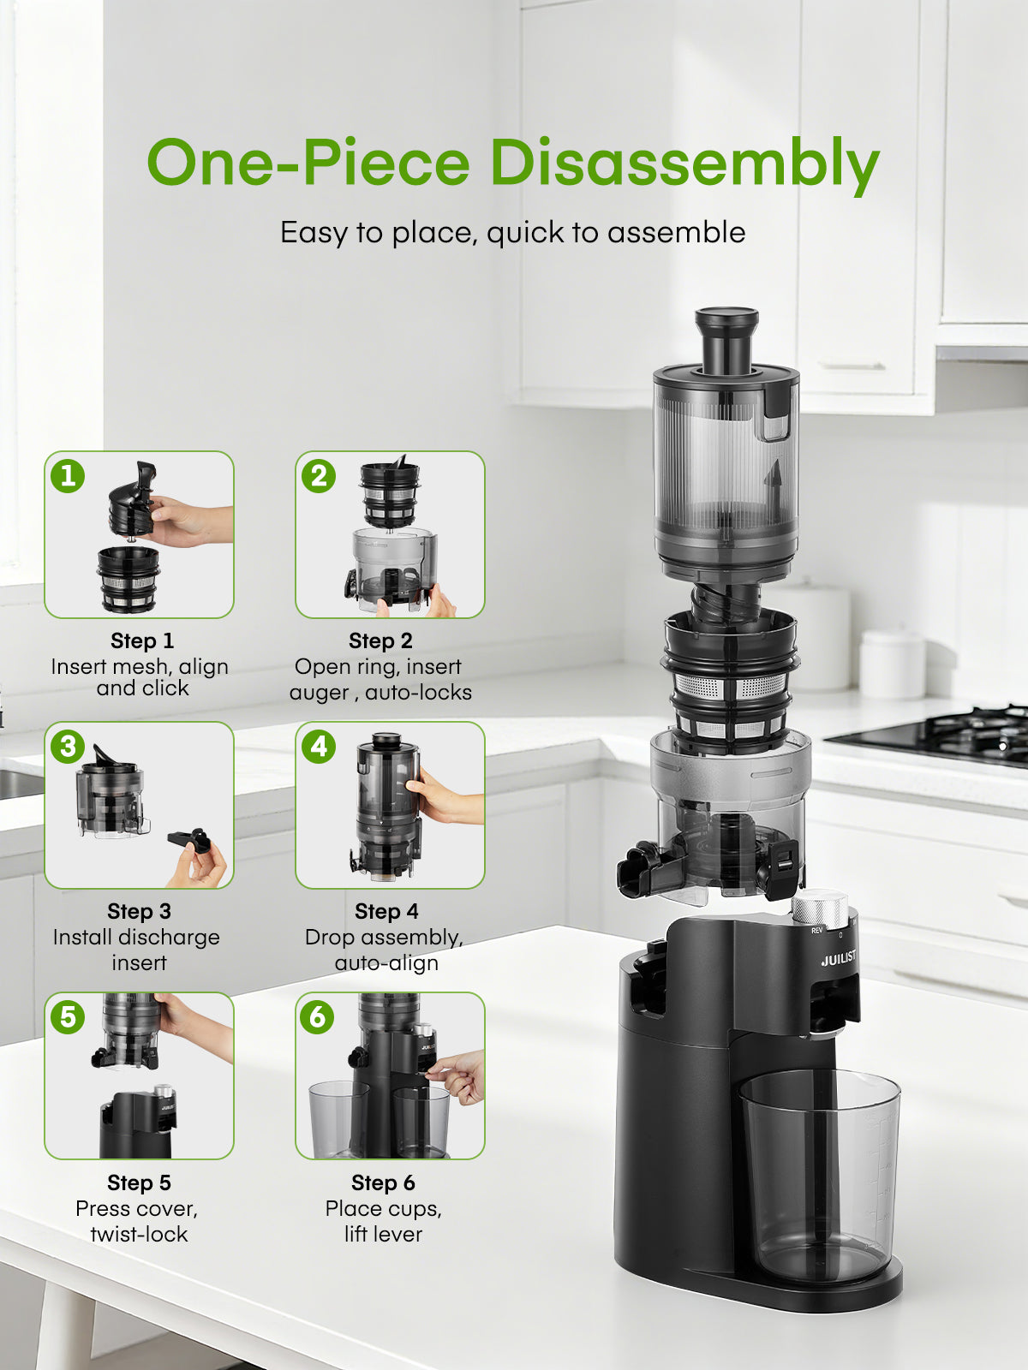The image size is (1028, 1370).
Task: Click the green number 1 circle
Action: click(68, 476)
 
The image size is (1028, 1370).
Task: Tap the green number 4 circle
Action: click(319, 747)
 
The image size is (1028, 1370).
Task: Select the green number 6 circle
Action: click(317, 1017)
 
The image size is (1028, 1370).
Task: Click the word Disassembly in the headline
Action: click(684, 163)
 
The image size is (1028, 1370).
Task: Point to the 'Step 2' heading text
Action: click(380, 640)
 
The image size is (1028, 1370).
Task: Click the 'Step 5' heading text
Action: click(139, 1182)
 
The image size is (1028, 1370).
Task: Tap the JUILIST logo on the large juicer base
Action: click(838, 958)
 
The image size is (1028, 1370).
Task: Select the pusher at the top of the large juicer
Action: click(726, 338)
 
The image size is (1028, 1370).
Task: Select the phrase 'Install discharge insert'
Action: click(137, 950)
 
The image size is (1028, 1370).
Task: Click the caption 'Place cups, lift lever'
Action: click(383, 1221)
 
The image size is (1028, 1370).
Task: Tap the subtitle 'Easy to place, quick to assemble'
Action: click(512, 233)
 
